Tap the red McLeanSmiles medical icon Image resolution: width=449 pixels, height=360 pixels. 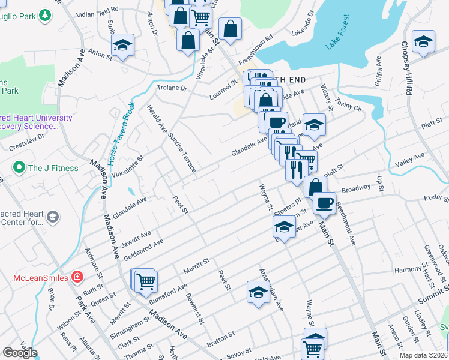(77, 277)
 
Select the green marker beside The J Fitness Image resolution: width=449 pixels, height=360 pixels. (19, 167)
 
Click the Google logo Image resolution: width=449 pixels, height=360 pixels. (20, 353)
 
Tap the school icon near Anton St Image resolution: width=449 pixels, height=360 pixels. (122, 45)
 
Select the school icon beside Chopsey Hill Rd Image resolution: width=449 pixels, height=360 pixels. (423, 42)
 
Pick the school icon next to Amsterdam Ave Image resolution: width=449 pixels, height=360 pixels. (258, 293)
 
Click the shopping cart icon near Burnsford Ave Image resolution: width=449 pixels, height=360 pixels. (146, 280)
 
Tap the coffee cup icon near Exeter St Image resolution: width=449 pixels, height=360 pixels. (325, 203)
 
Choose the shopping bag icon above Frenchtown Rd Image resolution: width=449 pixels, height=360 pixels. (230, 28)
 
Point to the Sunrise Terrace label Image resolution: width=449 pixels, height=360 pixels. (182, 152)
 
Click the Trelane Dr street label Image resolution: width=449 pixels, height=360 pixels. (172, 88)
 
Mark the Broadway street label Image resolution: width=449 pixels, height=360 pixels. (356, 188)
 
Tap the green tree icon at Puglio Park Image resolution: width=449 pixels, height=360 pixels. (44, 14)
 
